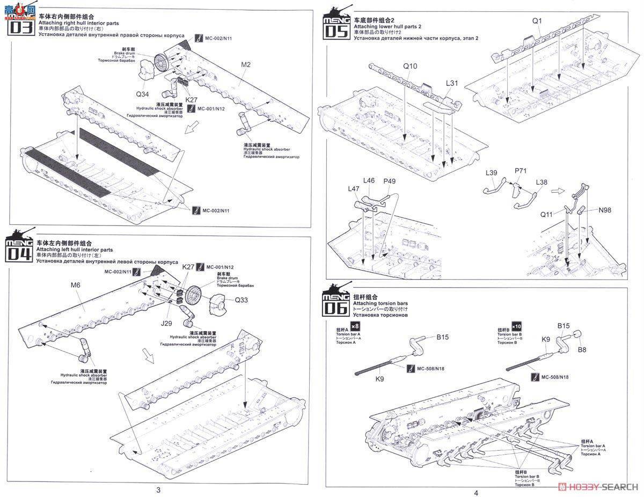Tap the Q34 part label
click(x=142, y=94)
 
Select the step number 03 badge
click(x=19, y=27)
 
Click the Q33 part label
click(x=241, y=300)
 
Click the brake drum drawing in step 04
click(x=192, y=295)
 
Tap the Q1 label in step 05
click(x=537, y=21)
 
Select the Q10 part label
click(x=410, y=67)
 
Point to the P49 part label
click(x=389, y=181)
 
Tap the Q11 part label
click(x=546, y=214)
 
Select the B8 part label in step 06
click(x=582, y=349)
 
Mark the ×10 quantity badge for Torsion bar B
click(x=516, y=327)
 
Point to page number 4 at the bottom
click(x=476, y=492)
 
